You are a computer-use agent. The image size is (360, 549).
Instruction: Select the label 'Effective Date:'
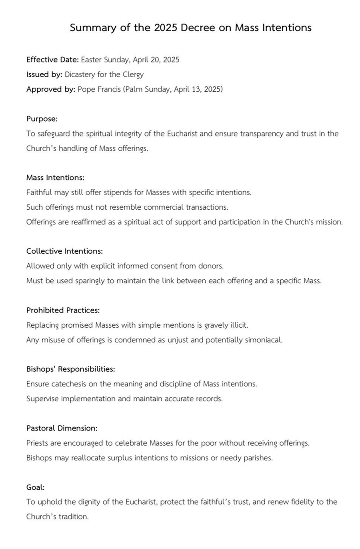click(x=52, y=60)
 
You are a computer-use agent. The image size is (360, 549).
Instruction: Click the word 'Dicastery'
click(x=80, y=74)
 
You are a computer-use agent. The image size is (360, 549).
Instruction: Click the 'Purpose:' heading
click(x=42, y=119)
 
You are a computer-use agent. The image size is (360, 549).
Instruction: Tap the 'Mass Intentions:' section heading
click(x=55, y=178)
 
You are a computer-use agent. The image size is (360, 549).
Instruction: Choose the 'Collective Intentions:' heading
click(x=64, y=251)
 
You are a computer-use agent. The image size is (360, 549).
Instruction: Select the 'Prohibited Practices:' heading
click(x=63, y=310)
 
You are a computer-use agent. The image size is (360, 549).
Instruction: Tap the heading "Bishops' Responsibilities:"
click(x=70, y=369)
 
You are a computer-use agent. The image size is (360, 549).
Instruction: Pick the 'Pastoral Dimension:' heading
click(x=62, y=428)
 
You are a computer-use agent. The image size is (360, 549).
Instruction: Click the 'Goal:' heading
click(x=35, y=487)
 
